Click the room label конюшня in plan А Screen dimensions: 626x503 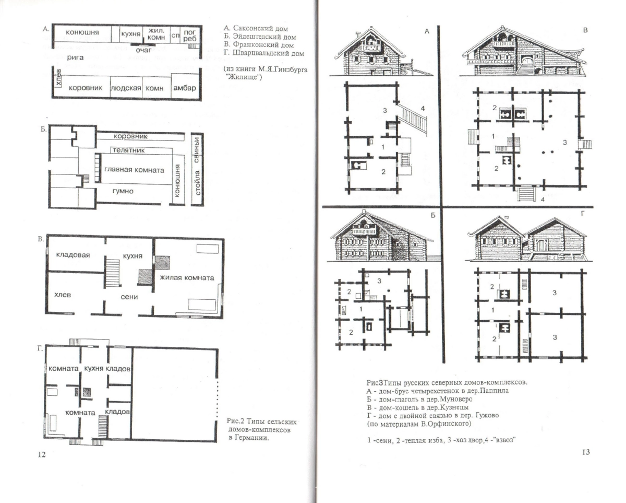pos(82,32)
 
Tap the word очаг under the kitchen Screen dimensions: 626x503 pos(143,50)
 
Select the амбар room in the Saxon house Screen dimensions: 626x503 pos(185,88)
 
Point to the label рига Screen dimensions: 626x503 pos(75,57)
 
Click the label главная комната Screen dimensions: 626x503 pos(134,170)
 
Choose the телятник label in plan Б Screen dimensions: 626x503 pos(128,150)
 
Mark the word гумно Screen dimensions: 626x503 pos(123,191)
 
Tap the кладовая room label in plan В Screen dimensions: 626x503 pos(73,255)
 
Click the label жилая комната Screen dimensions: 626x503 pos(187,278)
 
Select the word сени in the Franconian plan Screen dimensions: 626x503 pos(129,297)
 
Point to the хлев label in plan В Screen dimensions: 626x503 pos(63,295)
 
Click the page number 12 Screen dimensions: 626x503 pos(42,454)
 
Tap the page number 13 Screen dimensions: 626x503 pos(586,452)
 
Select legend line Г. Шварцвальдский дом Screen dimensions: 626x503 pos(264,53)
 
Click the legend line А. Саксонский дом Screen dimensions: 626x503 pos(256,29)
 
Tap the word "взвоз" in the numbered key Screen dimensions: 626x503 pos(505,440)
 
